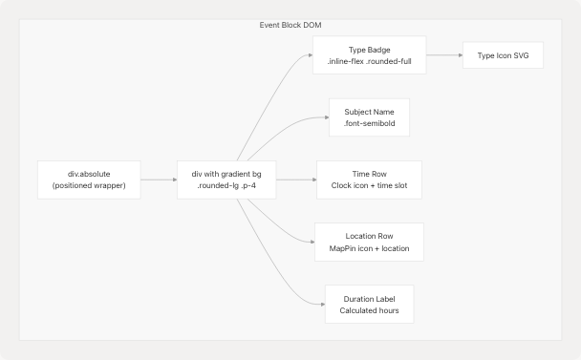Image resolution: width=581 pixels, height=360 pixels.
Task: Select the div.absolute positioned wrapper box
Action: click(x=89, y=179)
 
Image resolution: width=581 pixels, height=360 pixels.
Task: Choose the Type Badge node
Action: click(x=369, y=55)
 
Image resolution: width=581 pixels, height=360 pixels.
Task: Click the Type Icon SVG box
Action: click(x=503, y=55)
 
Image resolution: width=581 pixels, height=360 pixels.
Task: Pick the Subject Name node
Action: click(x=369, y=117)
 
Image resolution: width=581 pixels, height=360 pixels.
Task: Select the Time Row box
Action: click(x=369, y=179)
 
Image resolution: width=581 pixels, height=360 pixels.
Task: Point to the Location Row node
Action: click(x=369, y=241)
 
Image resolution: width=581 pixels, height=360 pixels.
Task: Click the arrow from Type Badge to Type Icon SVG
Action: click(x=443, y=55)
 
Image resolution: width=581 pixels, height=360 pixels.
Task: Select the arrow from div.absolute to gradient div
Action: click(x=159, y=179)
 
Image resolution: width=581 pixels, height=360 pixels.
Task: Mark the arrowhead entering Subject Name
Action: click(x=326, y=117)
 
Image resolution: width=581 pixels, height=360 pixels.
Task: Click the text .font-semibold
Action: click(x=369, y=124)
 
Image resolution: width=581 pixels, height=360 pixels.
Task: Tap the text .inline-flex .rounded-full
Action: click(x=369, y=62)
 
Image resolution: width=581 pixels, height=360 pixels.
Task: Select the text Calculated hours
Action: click(x=369, y=310)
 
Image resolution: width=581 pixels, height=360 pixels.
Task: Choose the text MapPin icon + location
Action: click(x=369, y=248)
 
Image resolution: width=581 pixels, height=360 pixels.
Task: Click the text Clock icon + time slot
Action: click(x=369, y=186)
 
